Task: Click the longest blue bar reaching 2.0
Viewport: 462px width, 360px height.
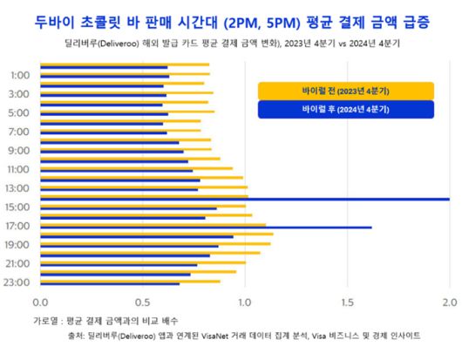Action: (244, 199)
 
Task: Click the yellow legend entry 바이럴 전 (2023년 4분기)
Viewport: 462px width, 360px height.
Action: (346, 91)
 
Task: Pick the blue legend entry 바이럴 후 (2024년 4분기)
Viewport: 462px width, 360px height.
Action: (346, 110)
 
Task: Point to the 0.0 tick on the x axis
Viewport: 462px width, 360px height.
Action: (40, 302)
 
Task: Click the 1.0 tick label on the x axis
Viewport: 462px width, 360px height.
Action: (245, 302)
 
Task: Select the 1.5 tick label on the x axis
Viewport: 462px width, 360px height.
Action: (347, 302)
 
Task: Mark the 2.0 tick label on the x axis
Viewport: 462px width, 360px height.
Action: (449, 302)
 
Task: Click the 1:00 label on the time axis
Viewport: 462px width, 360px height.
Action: (19, 75)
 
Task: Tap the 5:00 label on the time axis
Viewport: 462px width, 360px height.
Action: (19, 112)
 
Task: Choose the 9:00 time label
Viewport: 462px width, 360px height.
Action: (19, 150)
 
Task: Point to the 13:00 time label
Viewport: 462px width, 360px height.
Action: (17, 187)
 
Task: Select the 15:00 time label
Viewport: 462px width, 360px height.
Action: (17, 207)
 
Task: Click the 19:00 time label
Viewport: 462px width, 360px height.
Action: (17, 244)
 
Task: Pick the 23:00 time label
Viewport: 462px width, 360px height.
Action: (17, 282)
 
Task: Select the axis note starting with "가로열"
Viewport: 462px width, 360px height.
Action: (105, 321)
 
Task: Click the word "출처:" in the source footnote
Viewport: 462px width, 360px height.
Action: (76, 336)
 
